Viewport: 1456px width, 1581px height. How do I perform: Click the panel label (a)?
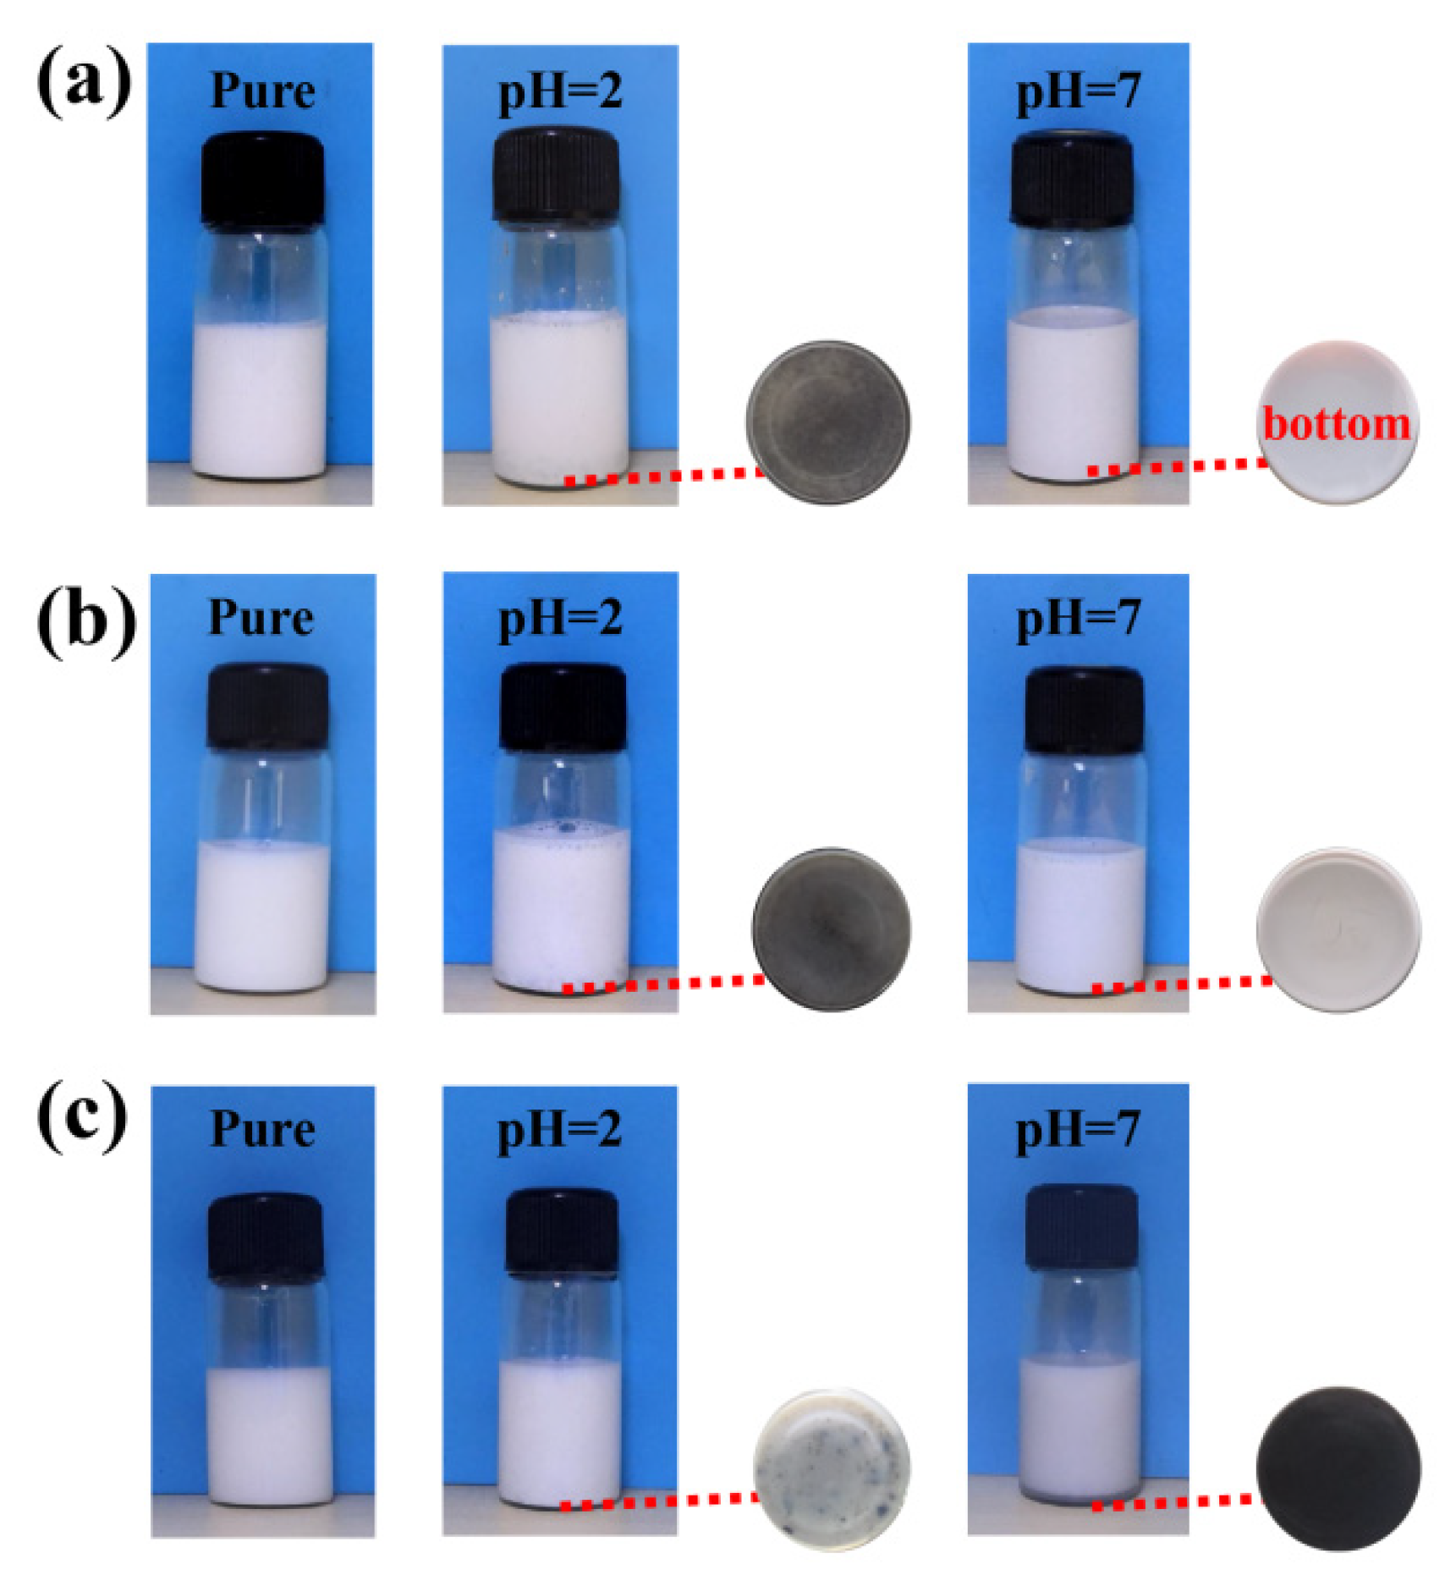pos(83,85)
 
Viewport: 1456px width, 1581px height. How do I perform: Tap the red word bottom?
pos(1336,423)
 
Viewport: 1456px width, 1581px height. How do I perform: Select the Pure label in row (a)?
pos(261,91)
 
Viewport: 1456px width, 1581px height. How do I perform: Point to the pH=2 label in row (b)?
pos(559,619)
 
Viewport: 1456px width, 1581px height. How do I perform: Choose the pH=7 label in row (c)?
pos(1077,1129)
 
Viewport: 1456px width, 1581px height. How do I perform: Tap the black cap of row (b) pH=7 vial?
pos(1084,709)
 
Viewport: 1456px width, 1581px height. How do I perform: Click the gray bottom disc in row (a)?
pos(827,421)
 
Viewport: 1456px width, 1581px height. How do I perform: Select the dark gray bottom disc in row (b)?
pos(832,928)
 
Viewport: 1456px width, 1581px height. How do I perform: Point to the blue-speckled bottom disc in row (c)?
pos(831,1468)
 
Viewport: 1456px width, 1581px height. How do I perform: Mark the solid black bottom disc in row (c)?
pos(1338,1468)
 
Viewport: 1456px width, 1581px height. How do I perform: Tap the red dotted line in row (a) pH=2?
pos(664,477)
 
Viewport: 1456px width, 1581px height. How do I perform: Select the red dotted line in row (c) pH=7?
pos(1176,1502)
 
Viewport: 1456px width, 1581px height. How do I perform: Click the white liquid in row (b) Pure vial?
pos(262,918)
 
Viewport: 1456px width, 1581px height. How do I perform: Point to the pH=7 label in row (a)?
pos(1078,91)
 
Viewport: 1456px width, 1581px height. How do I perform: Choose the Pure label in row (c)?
pos(262,1129)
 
